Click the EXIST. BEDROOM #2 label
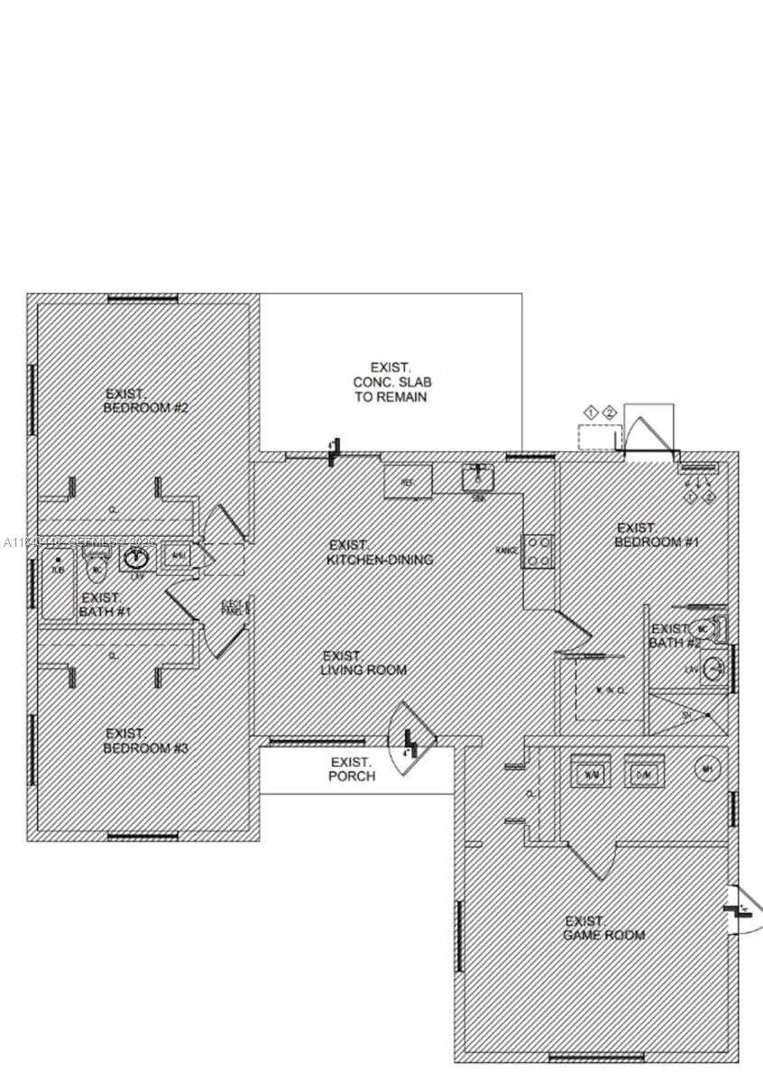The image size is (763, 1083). click(x=146, y=401)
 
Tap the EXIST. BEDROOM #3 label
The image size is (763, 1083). click(x=146, y=741)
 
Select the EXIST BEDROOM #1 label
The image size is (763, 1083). click(x=657, y=535)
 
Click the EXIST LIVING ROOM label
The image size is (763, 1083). click(x=363, y=663)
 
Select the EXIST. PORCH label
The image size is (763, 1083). click(x=352, y=769)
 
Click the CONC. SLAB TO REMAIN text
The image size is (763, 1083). click(x=390, y=383)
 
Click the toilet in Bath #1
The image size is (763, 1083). click(x=97, y=569)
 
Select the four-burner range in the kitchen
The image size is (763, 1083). click(x=539, y=551)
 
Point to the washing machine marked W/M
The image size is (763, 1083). click(x=592, y=772)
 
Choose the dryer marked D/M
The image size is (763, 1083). click(x=644, y=772)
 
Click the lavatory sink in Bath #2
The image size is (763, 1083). click(x=713, y=670)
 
